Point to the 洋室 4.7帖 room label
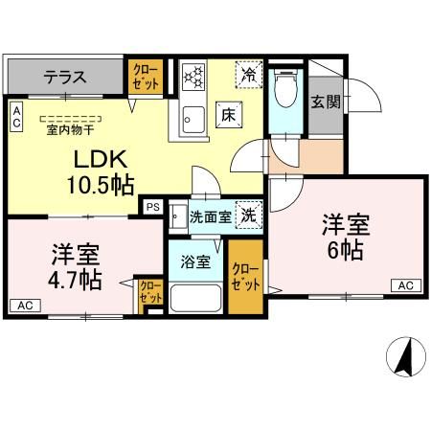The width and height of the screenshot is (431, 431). pos(77,268)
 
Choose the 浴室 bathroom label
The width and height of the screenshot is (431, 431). pos(197,262)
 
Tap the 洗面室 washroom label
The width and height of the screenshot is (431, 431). pos(210,217)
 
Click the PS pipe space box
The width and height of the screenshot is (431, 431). pos(152,206)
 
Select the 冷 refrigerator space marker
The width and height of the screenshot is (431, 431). pos(248,73)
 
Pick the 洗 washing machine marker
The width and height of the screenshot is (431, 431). pos(247,216)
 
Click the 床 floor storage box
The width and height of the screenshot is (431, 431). pos(230,112)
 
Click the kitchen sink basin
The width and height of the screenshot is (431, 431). pos(191,120)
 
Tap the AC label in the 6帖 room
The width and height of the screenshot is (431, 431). pos(404,285)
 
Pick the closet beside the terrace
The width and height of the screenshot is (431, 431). pos(147,77)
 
